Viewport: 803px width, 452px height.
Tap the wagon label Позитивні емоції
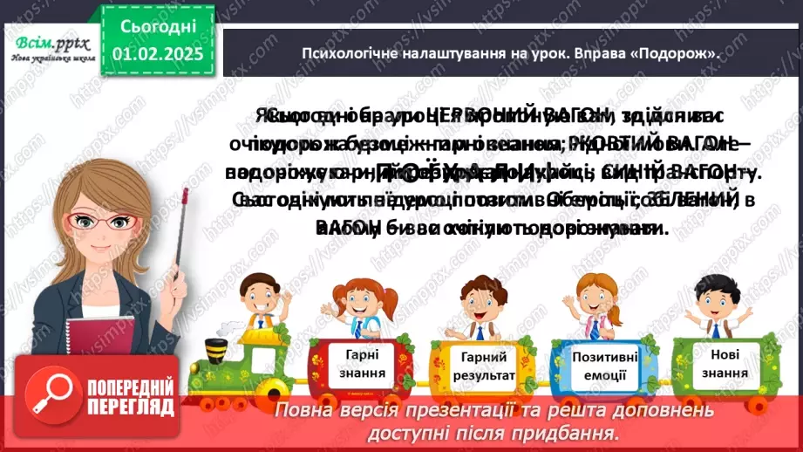tap(604, 365)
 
